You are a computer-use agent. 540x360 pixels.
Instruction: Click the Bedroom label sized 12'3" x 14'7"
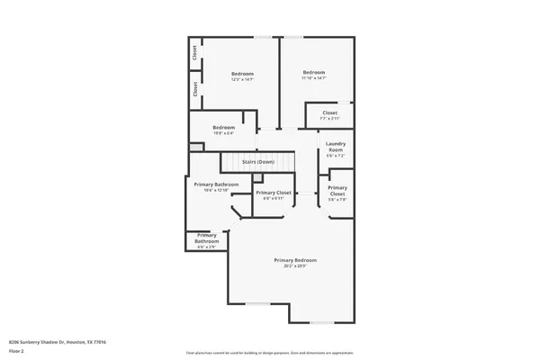tap(242, 74)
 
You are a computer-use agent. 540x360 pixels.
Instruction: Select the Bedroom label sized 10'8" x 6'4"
tap(223, 128)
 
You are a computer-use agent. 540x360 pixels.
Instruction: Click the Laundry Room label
tap(336, 146)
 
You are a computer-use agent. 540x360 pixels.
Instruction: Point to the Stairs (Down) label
tap(258, 162)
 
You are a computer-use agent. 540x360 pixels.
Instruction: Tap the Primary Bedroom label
tap(295, 260)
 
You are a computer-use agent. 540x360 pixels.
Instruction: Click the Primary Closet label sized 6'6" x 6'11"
tap(273, 193)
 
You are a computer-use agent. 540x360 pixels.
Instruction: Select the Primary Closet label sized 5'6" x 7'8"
tap(337, 191)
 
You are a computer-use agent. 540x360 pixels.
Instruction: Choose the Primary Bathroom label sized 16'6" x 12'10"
tap(216, 184)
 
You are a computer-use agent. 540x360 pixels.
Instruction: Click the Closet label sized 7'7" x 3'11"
tap(329, 113)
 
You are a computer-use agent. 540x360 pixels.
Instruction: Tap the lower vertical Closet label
tap(195, 89)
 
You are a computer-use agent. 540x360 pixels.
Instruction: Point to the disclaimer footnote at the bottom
tap(269, 352)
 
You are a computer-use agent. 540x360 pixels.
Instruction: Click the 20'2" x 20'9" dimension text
tap(295, 266)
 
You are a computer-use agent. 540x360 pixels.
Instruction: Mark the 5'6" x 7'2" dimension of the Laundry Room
tap(336, 156)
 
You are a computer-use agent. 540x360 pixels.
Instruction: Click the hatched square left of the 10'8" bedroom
tap(194, 147)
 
